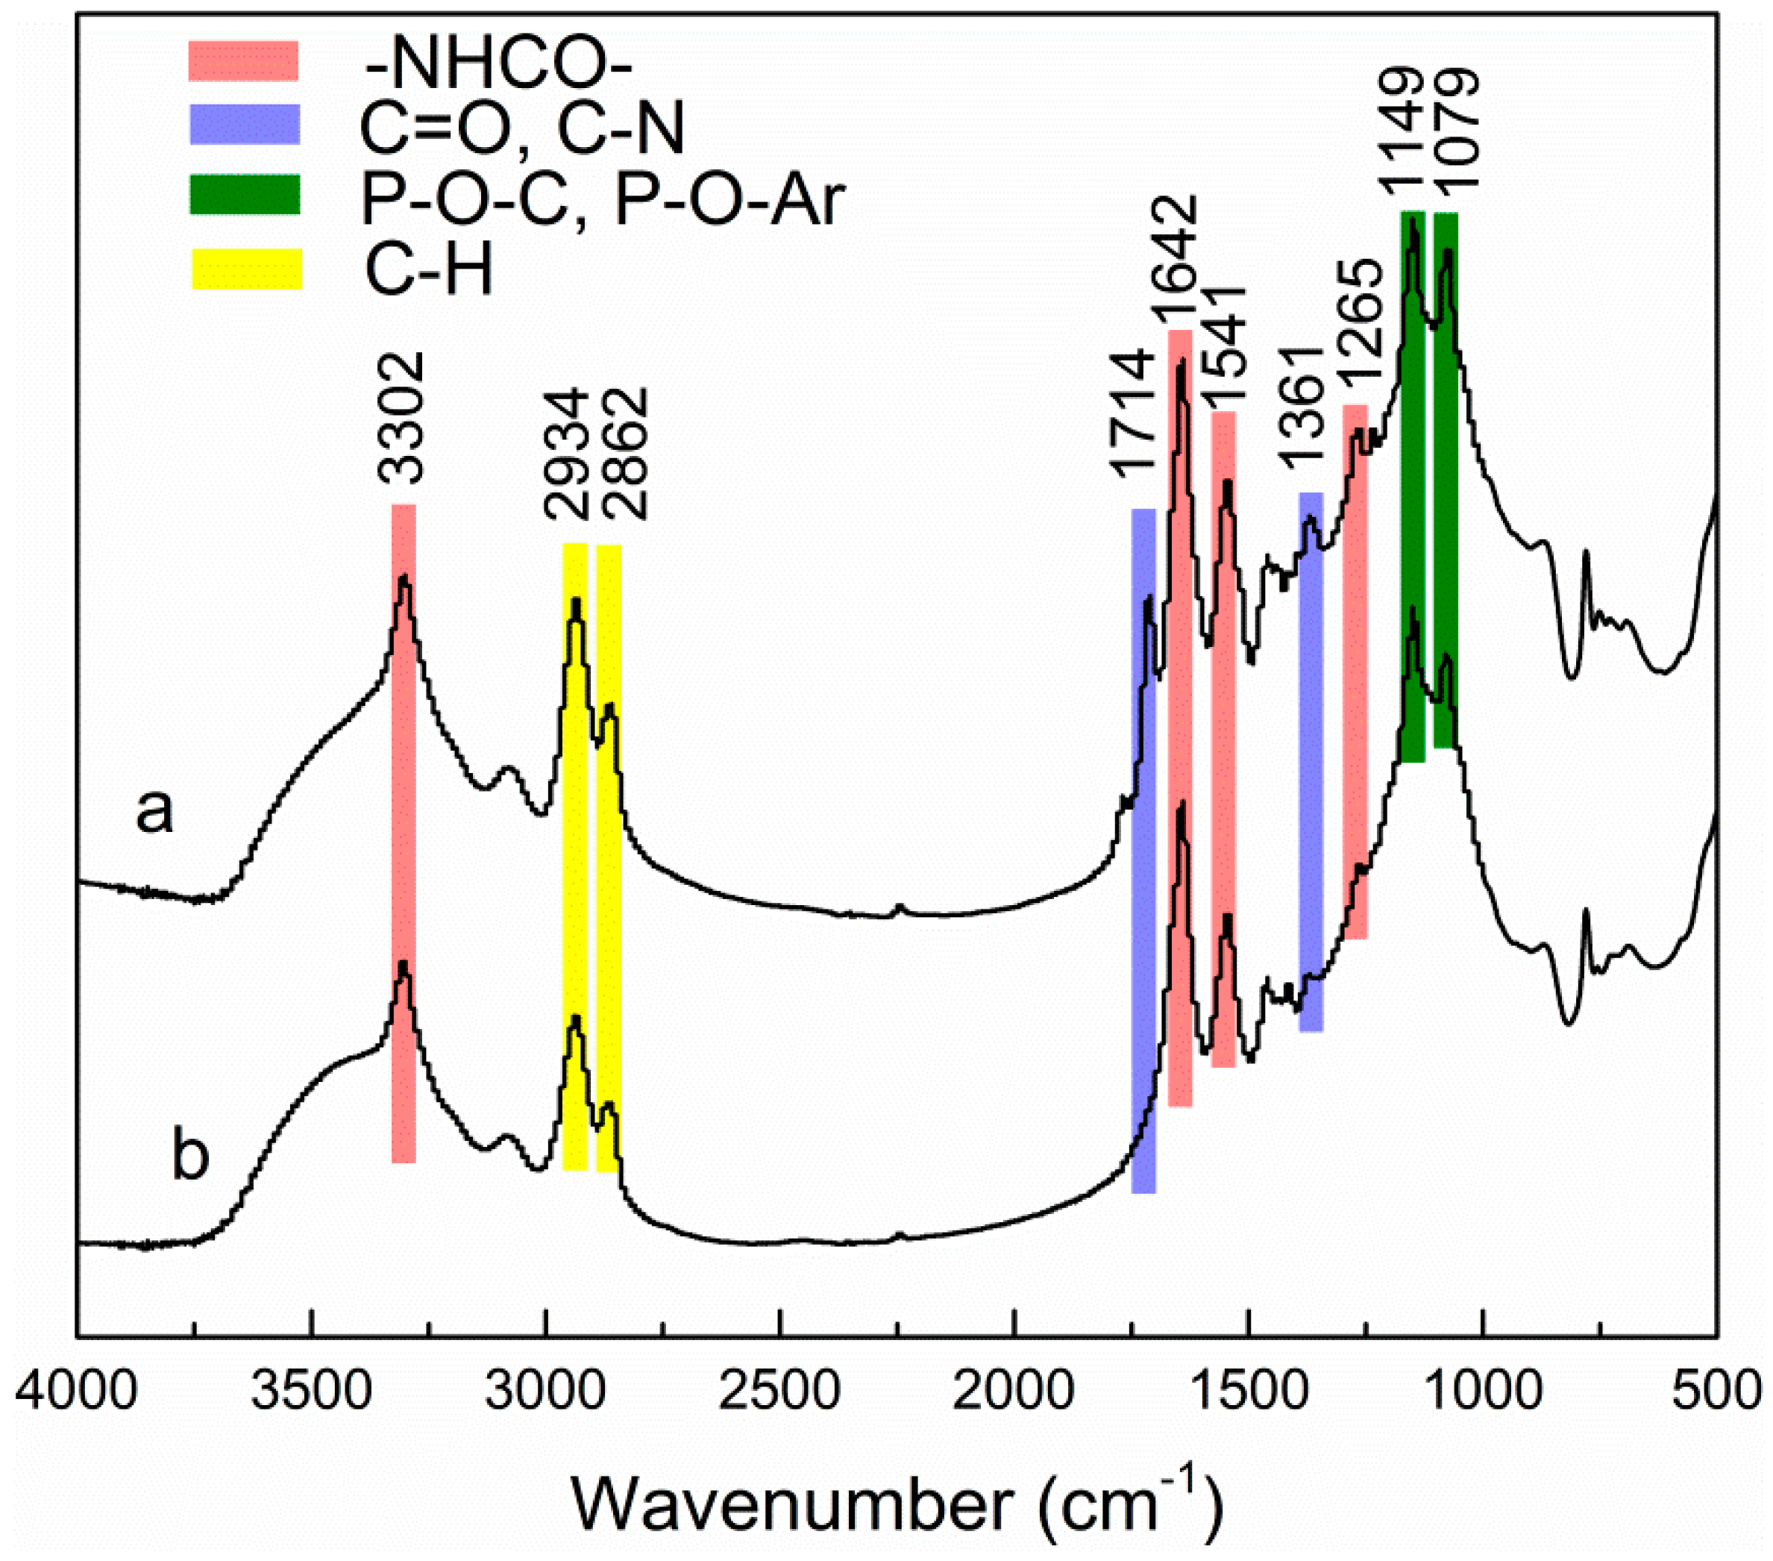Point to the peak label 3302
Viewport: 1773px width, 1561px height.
[x=401, y=417]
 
